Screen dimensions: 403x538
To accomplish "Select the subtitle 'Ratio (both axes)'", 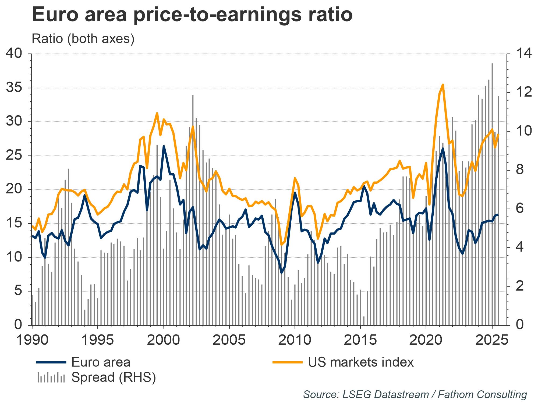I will pyautogui.click(x=83, y=39).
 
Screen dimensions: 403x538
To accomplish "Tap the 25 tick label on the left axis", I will pyautogui.click(x=14, y=156).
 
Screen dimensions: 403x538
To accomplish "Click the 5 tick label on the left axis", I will pyautogui.click(x=18, y=291).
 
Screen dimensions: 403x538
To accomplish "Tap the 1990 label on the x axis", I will pyautogui.click(x=32, y=340).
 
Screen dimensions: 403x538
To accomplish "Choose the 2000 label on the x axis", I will pyautogui.click(x=164, y=340).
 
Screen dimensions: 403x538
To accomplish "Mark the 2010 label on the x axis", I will pyautogui.click(x=295, y=340).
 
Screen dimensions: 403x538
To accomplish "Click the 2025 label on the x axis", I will pyautogui.click(x=492, y=340).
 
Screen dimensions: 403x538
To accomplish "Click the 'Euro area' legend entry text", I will pyautogui.click(x=101, y=362).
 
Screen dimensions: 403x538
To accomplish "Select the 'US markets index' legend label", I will pyautogui.click(x=361, y=362).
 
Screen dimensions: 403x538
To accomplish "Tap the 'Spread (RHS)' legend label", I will pyautogui.click(x=114, y=377).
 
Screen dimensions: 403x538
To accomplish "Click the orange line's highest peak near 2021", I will pyautogui.click(x=443, y=85).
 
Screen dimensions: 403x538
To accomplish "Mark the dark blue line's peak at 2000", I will pyautogui.click(x=164, y=146).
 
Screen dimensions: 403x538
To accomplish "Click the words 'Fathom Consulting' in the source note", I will pyautogui.click(x=482, y=395).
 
